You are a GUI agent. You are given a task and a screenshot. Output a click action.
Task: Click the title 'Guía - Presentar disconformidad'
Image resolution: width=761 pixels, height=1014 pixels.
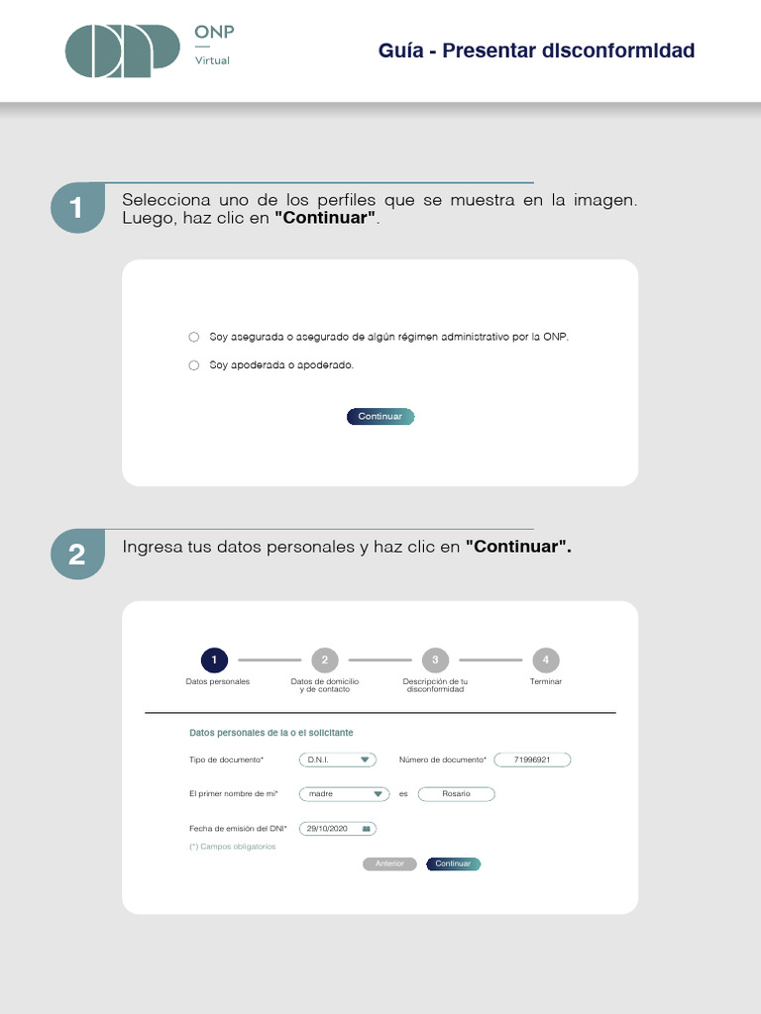536,51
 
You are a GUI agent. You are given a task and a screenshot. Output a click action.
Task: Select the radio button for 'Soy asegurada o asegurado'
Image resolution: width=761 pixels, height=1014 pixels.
194,337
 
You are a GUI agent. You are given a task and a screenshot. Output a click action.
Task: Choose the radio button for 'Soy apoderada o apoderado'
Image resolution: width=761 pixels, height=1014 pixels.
194,365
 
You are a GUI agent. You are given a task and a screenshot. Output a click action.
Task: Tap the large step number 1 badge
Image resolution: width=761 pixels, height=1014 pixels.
77,208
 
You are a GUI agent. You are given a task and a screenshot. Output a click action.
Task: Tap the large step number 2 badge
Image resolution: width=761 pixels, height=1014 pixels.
77,556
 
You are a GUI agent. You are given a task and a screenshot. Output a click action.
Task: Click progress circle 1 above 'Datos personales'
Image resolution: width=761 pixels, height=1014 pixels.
214,659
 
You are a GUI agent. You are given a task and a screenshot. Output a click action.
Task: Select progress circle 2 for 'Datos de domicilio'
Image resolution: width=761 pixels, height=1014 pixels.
324,659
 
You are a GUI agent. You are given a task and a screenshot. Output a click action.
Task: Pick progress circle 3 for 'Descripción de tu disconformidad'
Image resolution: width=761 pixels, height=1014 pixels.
435,659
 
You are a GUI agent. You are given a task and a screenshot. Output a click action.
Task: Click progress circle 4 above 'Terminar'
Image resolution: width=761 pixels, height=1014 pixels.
545,659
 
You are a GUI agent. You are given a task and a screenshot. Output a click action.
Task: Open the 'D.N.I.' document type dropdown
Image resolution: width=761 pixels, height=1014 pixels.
338,760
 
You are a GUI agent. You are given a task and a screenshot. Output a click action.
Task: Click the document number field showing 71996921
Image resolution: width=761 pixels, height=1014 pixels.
532,760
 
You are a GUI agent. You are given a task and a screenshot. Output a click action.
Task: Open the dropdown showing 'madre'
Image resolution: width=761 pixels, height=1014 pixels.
344,794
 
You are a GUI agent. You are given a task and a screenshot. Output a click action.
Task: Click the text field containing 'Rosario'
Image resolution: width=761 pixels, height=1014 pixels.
456,794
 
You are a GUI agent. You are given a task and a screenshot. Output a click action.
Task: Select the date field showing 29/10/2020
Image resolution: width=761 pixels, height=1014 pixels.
338,828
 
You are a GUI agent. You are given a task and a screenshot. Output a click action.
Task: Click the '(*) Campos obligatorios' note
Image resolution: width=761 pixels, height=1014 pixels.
232,847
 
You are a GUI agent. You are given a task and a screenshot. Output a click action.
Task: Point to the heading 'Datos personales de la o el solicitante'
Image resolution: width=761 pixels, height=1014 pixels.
271,733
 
